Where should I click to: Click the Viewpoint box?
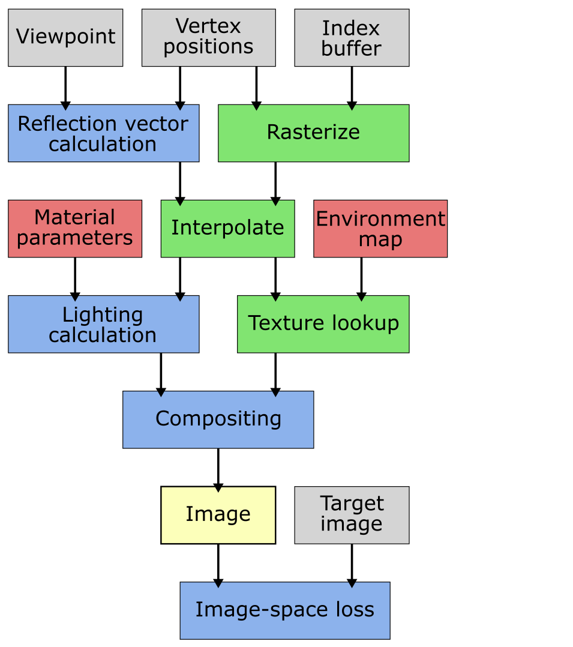click(x=65, y=37)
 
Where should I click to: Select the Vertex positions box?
click(x=208, y=37)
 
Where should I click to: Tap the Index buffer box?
click(x=352, y=37)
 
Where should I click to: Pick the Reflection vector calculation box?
click(x=103, y=133)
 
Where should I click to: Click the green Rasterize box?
click(x=313, y=133)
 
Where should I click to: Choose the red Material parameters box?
click(x=75, y=229)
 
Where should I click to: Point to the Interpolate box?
click(x=227, y=229)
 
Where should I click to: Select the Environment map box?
click(x=380, y=229)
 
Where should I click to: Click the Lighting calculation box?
click(x=103, y=324)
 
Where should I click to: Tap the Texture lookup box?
click(x=323, y=324)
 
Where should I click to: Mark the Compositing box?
click(x=218, y=420)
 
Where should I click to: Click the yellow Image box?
click(x=218, y=515)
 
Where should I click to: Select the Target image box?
click(x=352, y=515)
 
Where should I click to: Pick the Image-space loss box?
click(x=284, y=610)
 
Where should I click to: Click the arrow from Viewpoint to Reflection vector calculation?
click(x=65, y=86)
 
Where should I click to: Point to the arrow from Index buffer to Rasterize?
click(x=352, y=86)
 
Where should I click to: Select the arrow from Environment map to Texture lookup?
click(x=361, y=277)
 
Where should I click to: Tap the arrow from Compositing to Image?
click(x=218, y=468)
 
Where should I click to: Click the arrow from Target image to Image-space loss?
click(x=352, y=563)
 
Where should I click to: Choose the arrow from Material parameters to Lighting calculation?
click(x=75, y=277)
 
